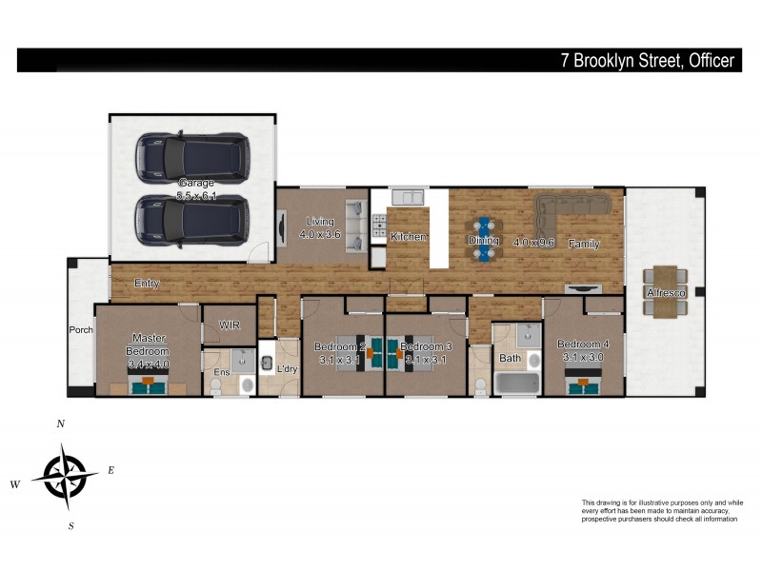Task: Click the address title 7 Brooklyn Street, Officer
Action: point(647,61)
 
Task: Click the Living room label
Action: point(319,227)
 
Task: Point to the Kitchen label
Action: point(409,236)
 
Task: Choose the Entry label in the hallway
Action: point(147,283)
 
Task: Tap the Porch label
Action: point(80,330)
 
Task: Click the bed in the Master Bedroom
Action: point(148,384)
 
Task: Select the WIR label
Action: point(229,325)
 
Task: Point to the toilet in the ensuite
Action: point(217,385)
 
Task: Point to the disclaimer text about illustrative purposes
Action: point(661,510)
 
